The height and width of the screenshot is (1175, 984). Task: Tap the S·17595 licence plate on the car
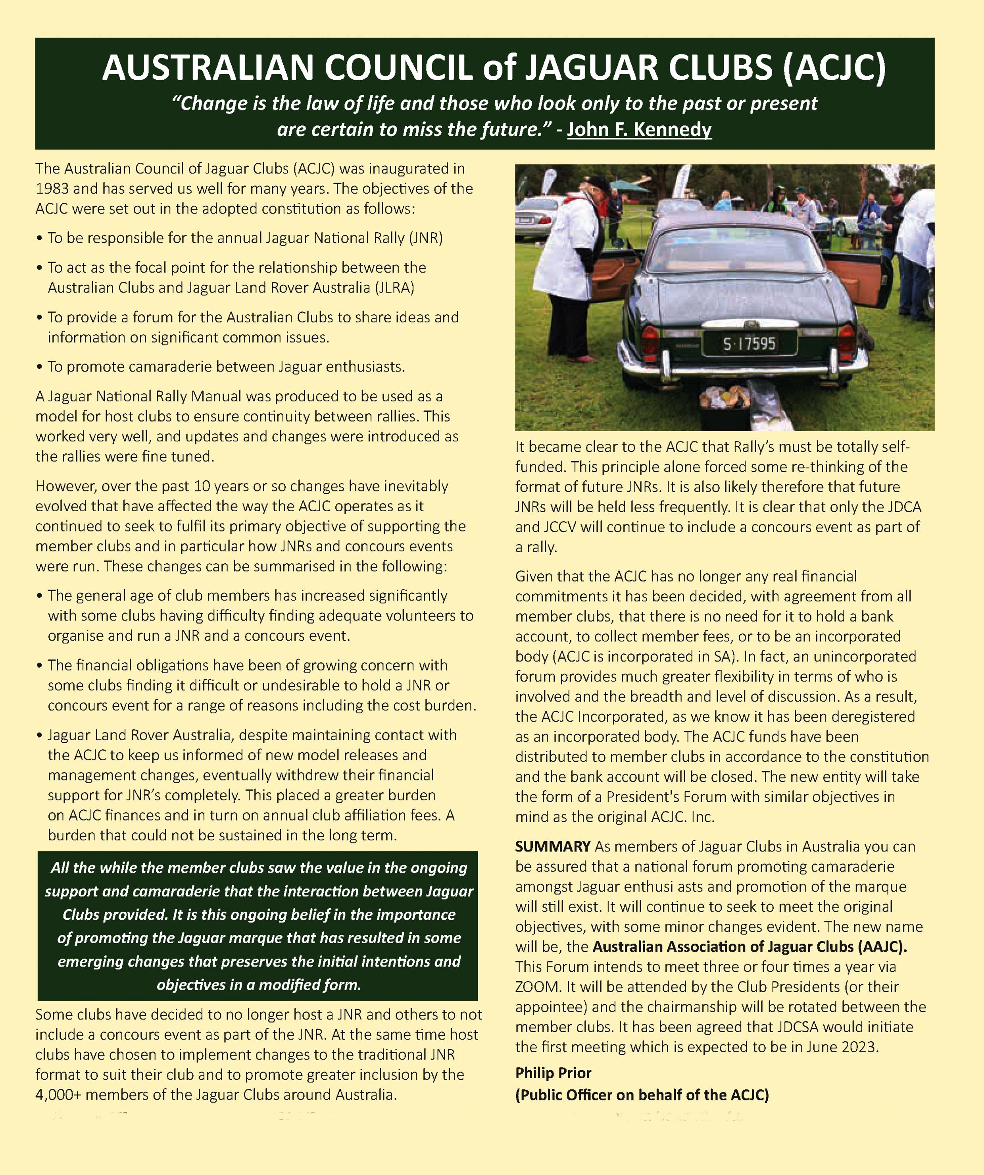[x=750, y=343]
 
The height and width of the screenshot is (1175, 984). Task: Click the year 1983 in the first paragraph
[x=52, y=189]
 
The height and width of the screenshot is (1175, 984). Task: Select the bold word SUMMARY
[x=552, y=847]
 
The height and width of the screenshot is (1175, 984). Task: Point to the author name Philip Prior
[x=553, y=1073]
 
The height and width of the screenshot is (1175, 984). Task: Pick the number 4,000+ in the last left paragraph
[x=58, y=1094]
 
